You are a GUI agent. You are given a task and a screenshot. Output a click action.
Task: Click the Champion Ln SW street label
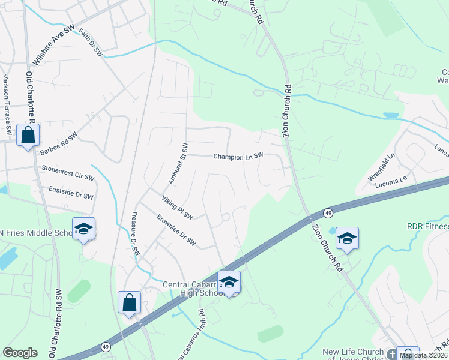point(238,156)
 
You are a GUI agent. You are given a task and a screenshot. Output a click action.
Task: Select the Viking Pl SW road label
point(177,207)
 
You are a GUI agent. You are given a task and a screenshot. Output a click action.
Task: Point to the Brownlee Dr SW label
point(176,231)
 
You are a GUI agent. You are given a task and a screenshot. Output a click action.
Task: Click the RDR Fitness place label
point(427,226)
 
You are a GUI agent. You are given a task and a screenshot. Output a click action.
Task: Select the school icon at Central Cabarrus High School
point(229,282)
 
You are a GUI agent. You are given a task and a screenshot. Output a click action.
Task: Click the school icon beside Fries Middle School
point(83,229)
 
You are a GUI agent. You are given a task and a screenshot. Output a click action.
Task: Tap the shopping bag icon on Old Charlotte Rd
point(28,135)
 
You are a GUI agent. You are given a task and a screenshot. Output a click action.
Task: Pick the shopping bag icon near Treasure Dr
point(129,303)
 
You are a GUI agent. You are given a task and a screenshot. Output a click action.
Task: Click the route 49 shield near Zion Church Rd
point(328,213)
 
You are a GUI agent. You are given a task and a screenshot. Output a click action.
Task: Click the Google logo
point(20,353)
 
